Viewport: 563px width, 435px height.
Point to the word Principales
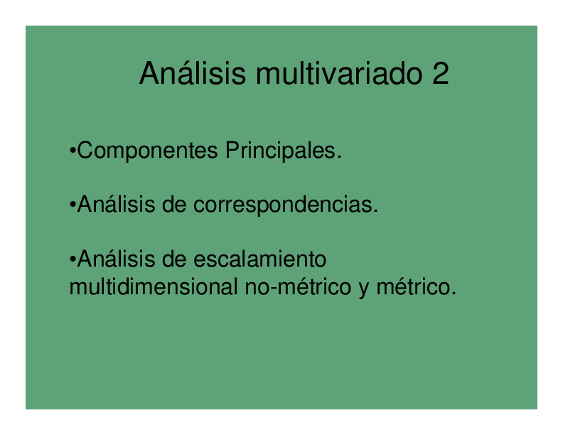(282, 151)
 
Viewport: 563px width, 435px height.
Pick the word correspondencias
(284, 205)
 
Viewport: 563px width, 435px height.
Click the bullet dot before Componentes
(73, 151)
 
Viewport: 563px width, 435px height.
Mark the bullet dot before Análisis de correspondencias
(73, 206)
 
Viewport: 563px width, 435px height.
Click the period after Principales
(340, 157)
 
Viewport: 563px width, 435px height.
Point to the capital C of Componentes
(84, 151)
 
